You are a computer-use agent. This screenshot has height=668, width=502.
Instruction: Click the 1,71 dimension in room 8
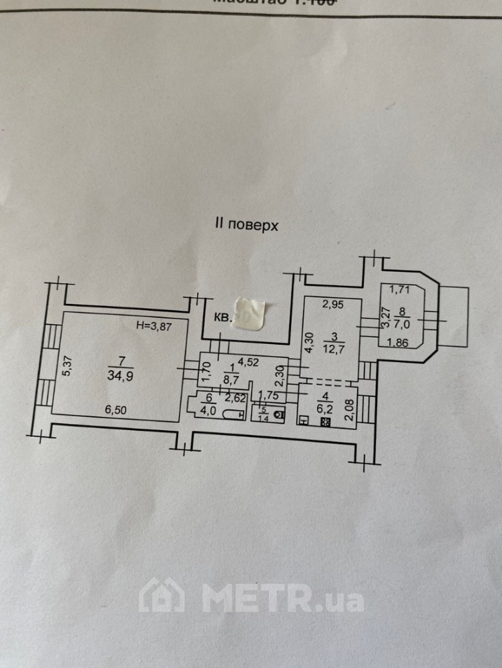tap(400, 289)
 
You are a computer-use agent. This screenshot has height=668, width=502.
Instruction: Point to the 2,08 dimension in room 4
tap(348, 407)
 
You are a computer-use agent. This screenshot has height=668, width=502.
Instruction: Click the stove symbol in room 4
tap(326, 422)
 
